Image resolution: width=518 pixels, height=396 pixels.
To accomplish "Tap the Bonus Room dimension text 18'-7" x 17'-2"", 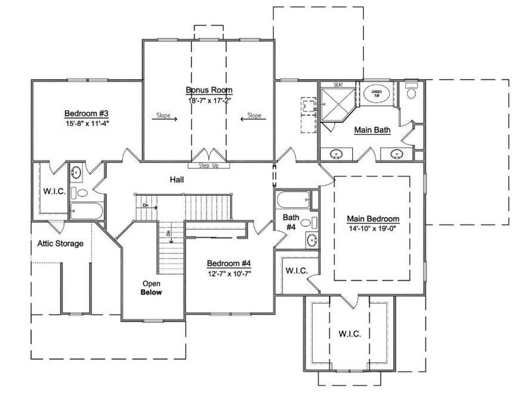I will click(x=209, y=100).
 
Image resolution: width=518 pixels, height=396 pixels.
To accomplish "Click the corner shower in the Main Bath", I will click(x=337, y=100).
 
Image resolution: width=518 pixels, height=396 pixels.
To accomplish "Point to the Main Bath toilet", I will click(x=410, y=92).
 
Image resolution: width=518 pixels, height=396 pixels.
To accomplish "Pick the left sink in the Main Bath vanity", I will click(x=337, y=154).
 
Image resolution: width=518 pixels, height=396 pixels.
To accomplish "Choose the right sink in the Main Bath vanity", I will click(x=396, y=154).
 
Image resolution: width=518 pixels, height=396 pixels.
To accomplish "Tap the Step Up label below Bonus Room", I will click(x=209, y=166).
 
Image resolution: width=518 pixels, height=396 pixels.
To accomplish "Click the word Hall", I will click(x=176, y=179).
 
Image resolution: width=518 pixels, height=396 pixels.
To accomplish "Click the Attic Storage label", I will click(x=59, y=244).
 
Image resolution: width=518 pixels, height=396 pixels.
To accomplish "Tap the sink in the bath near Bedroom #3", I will click(x=77, y=173).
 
